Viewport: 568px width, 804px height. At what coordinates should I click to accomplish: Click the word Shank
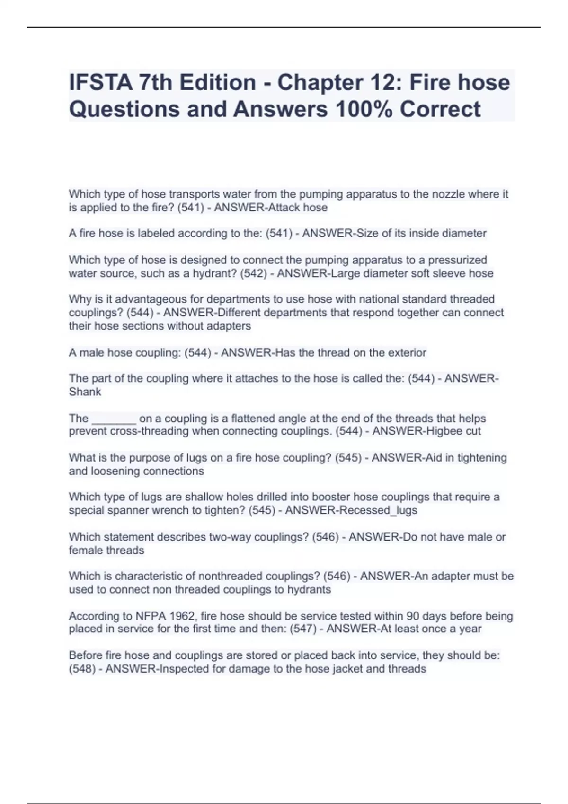coord(85,392)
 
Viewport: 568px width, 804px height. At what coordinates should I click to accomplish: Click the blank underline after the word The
coord(114,419)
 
